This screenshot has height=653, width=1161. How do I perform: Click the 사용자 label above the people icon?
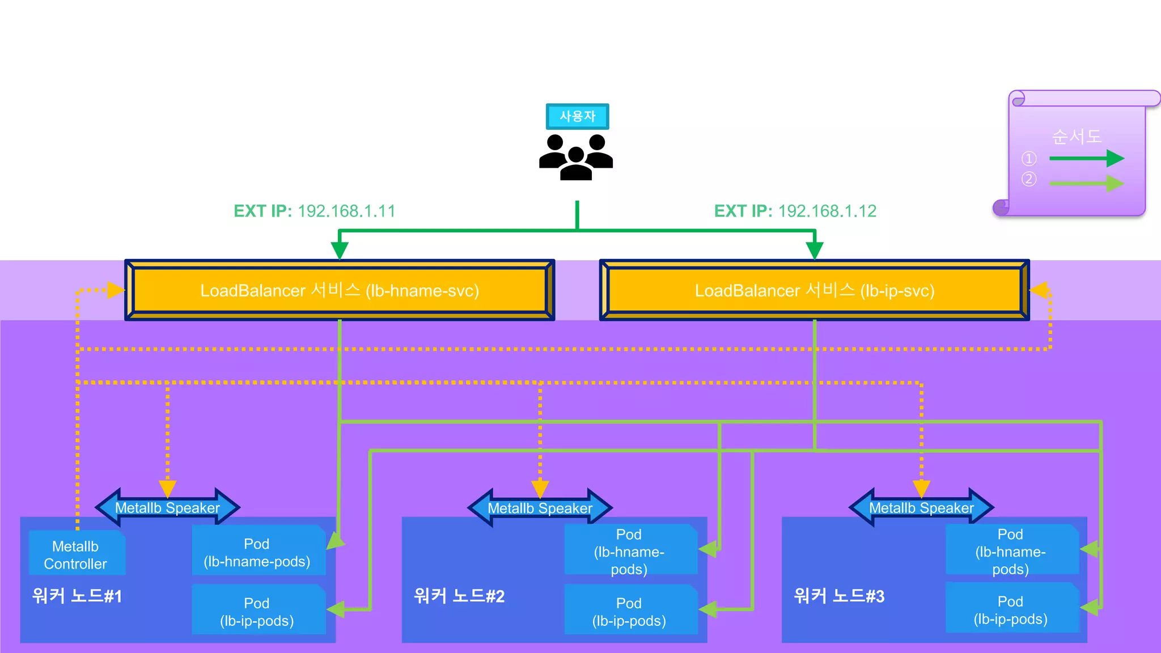[x=577, y=116]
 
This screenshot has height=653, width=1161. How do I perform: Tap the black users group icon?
[x=576, y=157]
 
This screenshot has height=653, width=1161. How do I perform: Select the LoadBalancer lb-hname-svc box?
[x=340, y=290]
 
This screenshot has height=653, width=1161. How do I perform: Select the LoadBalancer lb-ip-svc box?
[x=814, y=290]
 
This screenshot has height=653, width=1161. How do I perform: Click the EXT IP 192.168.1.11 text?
[x=315, y=211]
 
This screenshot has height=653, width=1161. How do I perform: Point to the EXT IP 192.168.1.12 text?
[x=795, y=211]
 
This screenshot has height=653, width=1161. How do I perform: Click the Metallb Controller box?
[x=76, y=554]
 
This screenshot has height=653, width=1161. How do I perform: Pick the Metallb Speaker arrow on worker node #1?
[x=167, y=507]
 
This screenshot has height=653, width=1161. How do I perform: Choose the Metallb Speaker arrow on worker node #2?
[x=540, y=508]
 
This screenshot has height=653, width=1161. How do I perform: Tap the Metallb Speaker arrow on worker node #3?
[x=921, y=508]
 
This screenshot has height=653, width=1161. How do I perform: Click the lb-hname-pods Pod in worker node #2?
[x=629, y=551]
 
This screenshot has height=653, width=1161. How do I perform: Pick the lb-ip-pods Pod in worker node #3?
[x=1011, y=609]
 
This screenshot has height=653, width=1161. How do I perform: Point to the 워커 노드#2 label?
[x=459, y=596]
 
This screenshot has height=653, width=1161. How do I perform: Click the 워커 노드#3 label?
[x=839, y=596]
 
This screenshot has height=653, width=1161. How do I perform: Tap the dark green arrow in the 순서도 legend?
[x=1086, y=159]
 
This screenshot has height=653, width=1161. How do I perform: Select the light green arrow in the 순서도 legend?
[x=1086, y=183]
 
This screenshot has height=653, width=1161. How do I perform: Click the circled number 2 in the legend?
[x=1028, y=180]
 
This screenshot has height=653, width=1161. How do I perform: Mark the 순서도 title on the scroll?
[x=1077, y=137]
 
